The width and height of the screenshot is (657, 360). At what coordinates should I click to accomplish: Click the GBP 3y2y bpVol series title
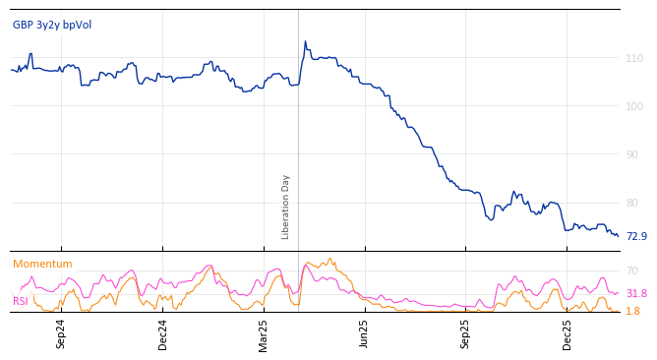(x=53, y=25)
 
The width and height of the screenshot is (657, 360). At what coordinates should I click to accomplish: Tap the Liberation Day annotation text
(x=286, y=207)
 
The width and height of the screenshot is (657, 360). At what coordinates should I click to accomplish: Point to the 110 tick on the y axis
(x=634, y=59)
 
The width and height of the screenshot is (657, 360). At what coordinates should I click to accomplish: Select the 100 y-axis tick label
(x=634, y=106)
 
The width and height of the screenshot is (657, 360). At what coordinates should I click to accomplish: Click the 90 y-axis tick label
(x=634, y=154)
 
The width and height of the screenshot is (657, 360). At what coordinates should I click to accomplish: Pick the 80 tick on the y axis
(x=634, y=203)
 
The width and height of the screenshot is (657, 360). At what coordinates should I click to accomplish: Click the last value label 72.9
(x=636, y=236)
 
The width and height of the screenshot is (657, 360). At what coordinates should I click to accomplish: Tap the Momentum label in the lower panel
(x=42, y=264)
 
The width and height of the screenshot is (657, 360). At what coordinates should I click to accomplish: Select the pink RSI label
(x=21, y=301)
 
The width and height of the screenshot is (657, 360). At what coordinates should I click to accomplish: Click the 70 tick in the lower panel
(x=632, y=270)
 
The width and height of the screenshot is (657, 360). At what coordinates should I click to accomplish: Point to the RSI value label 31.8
(x=636, y=293)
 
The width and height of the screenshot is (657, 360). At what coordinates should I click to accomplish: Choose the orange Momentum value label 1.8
(x=632, y=311)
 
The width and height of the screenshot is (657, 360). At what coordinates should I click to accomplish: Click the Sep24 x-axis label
(x=61, y=333)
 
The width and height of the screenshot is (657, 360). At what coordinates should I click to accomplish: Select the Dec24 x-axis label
(x=163, y=333)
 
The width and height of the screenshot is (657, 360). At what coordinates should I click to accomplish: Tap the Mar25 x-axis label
(x=264, y=333)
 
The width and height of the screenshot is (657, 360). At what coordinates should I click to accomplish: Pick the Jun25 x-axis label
(x=364, y=333)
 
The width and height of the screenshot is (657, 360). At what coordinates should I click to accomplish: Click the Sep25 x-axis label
(x=466, y=333)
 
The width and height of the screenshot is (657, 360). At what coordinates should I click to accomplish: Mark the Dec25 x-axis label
(x=567, y=333)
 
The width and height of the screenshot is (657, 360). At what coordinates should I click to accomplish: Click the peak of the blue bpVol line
(x=305, y=41)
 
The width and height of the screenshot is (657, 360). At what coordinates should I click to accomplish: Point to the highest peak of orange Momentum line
(x=329, y=259)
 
